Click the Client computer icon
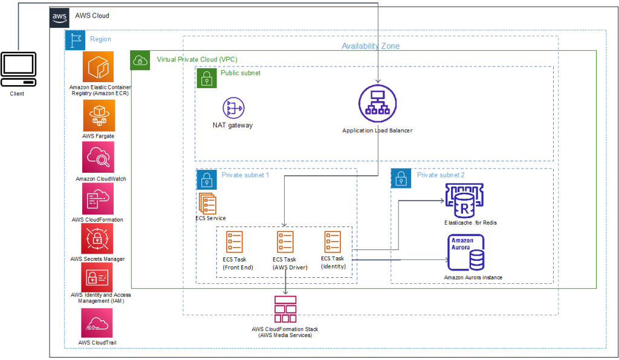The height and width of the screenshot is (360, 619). click(18, 69)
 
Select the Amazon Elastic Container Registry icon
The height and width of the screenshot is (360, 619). click(98, 67)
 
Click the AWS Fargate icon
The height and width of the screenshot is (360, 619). click(98, 115)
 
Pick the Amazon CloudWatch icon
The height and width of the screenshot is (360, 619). click(98, 158)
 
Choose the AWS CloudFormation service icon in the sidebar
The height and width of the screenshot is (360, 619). click(98, 199)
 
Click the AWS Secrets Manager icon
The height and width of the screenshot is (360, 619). click(98, 239)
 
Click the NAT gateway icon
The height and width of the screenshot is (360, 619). click(233, 108)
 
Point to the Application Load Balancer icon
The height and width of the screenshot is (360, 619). click(377, 104)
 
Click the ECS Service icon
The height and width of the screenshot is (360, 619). click(207, 202)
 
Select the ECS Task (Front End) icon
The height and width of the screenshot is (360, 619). click(235, 242)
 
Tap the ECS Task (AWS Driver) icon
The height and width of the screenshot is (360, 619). click(285, 242)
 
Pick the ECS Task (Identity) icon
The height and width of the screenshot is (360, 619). click(333, 242)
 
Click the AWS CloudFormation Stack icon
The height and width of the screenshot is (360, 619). click(285, 309)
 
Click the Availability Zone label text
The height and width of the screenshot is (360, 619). click(370, 46)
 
